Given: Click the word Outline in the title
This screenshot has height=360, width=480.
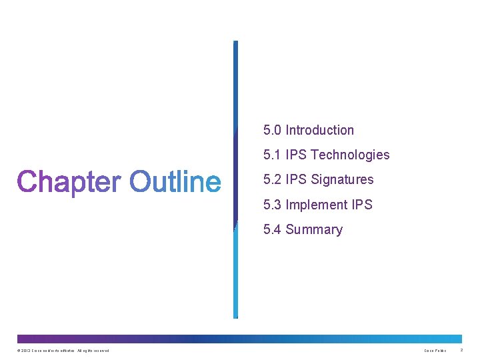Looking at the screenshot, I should [x=175, y=182].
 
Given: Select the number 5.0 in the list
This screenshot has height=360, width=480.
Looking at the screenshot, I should [x=272, y=131].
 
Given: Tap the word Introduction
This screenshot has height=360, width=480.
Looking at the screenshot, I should [x=320, y=131].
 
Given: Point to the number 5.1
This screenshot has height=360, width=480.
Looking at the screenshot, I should [x=272, y=155].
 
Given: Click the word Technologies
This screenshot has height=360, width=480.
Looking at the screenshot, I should [x=350, y=155].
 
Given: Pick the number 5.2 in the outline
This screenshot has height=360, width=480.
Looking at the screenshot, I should [x=272, y=180].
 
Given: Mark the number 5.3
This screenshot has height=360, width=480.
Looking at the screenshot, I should [x=272, y=205].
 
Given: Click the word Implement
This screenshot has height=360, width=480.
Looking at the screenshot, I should [x=317, y=205].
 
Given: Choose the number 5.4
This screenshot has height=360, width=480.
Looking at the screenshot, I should [x=272, y=230].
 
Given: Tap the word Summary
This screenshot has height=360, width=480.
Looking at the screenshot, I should [x=314, y=230].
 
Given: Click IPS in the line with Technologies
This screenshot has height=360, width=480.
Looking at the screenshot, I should [x=297, y=155].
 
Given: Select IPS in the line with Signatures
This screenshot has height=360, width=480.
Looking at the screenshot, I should [x=297, y=180].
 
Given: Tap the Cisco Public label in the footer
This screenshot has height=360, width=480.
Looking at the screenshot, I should [x=435, y=351].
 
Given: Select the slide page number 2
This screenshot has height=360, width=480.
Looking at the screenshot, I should [x=462, y=350].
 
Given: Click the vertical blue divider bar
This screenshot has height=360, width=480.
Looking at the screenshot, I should [x=235, y=180].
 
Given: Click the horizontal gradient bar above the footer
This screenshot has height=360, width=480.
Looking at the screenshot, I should [x=239, y=339].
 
